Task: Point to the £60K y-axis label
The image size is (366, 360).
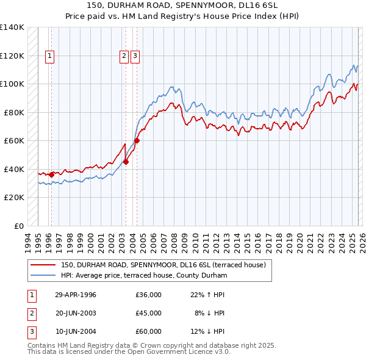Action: pyautogui.click(x=14, y=141)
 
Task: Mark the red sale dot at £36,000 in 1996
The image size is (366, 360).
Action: pyautogui.click(x=51, y=175)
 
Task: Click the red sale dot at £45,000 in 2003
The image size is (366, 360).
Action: pyautogui.click(x=126, y=162)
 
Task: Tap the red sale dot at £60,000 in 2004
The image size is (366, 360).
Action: pyautogui.click(x=137, y=140)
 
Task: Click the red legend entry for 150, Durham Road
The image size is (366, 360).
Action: pyautogui.click(x=163, y=265)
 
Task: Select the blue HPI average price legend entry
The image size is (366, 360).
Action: pyautogui.click(x=143, y=276)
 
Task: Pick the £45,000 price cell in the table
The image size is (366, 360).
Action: pyautogui.click(x=148, y=313)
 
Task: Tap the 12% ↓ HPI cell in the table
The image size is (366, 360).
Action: pyautogui.click(x=207, y=331)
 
